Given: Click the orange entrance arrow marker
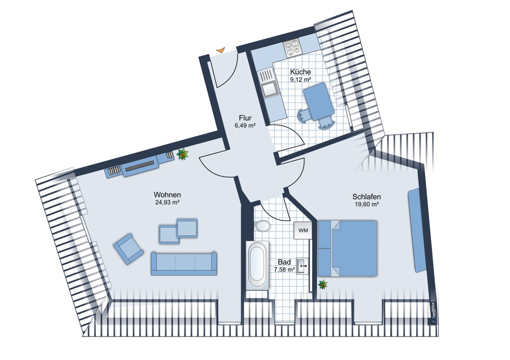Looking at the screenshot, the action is (221, 50).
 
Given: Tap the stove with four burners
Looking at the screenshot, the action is (292, 47).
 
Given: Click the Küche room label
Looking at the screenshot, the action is (300, 72).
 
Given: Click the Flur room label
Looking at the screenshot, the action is (245, 118).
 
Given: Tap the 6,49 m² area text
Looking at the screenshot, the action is (245, 125).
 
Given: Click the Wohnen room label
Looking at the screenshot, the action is (167, 195).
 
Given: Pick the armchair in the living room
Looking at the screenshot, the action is (129, 249).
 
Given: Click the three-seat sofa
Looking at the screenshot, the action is (184, 263).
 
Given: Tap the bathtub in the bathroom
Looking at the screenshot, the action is (257, 265).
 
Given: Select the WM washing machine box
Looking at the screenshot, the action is (303, 230).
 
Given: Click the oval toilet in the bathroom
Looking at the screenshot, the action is (262, 226).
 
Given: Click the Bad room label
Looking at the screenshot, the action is (284, 262).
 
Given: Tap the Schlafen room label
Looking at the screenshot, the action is (367, 197).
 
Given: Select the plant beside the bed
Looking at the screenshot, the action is (323, 285).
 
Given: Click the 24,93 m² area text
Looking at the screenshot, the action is (167, 202).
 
